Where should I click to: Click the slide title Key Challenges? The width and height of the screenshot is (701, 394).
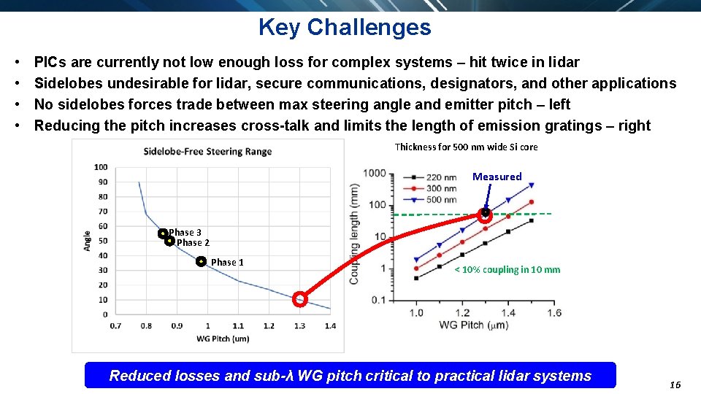tap(345, 28)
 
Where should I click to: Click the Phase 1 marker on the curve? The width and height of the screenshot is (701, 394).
tap(201, 261)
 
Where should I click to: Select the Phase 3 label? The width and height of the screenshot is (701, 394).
tap(185, 233)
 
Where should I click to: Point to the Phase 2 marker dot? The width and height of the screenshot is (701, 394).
tap(169, 242)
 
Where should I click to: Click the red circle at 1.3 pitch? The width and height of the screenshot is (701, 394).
tap(299, 298)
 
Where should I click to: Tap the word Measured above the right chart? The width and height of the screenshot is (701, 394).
tap(497, 177)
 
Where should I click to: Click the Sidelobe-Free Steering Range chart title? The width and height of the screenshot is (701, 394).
tap(207, 152)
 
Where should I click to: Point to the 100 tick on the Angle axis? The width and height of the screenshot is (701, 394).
tap(101, 167)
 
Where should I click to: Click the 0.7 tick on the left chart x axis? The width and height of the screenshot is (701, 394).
tap(115, 325)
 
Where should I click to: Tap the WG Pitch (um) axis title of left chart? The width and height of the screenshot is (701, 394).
tap(223, 339)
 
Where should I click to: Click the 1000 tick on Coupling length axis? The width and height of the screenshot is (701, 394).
tap(375, 173)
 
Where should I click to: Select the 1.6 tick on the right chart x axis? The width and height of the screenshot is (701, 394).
tap(553, 313)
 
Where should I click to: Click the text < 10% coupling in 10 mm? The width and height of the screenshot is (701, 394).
tap(507, 269)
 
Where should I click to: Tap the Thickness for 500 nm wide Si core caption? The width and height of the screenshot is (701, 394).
tap(466, 147)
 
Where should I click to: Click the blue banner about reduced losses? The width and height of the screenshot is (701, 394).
tap(350, 376)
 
